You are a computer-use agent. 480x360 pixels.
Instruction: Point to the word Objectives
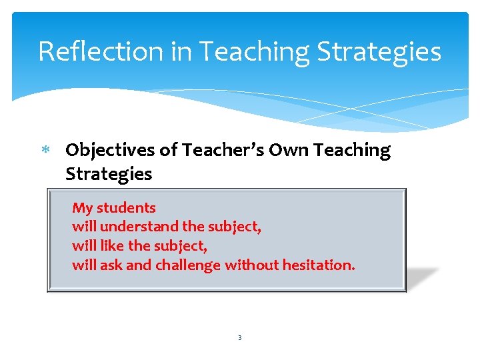(x=110, y=151)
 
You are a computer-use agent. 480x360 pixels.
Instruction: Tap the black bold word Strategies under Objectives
(x=109, y=175)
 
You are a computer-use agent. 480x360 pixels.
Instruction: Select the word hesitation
(x=319, y=265)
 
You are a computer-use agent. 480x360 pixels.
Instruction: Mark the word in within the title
(x=181, y=51)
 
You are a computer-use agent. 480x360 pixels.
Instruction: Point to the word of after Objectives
(x=167, y=151)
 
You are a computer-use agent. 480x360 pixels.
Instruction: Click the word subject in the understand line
(x=235, y=227)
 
